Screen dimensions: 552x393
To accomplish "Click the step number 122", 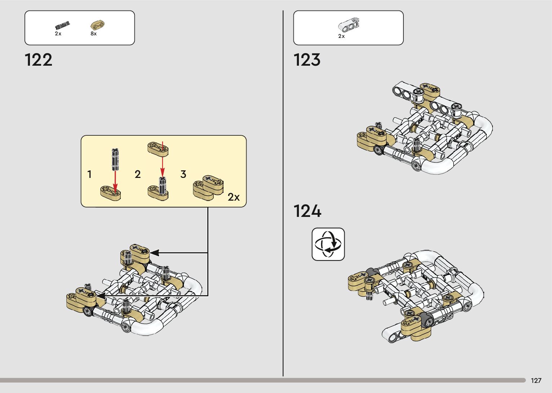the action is (x=39, y=60).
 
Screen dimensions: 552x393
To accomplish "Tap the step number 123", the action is (x=307, y=60).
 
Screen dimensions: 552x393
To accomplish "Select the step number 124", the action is (x=307, y=211).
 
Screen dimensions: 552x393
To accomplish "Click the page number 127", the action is (x=536, y=381).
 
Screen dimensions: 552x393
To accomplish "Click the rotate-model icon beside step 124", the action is (x=328, y=244).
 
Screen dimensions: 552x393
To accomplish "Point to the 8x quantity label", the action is (x=94, y=34).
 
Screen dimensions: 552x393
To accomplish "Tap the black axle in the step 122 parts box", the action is (x=62, y=26).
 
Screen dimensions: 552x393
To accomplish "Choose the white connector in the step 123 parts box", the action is (x=349, y=25).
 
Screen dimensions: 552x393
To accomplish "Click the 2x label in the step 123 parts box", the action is (x=341, y=36).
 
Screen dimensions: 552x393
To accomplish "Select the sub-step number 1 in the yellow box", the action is (x=89, y=175).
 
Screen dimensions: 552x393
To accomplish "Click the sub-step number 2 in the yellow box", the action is (x=137, y=175).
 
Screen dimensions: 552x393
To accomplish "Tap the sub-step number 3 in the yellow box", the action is (x=183, y=175).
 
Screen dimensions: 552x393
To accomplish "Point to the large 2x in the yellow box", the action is (x=234, y=197).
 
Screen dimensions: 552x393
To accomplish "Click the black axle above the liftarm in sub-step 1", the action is (x=115, y=159).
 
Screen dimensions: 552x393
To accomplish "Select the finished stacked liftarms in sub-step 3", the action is (x=208, y=187).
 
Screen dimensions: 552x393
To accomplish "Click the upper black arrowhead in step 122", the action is (x=154, y=253).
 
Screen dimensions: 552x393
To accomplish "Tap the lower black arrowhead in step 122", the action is (x=100, y=296).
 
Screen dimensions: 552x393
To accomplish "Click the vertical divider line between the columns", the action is (x=283, y=195).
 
